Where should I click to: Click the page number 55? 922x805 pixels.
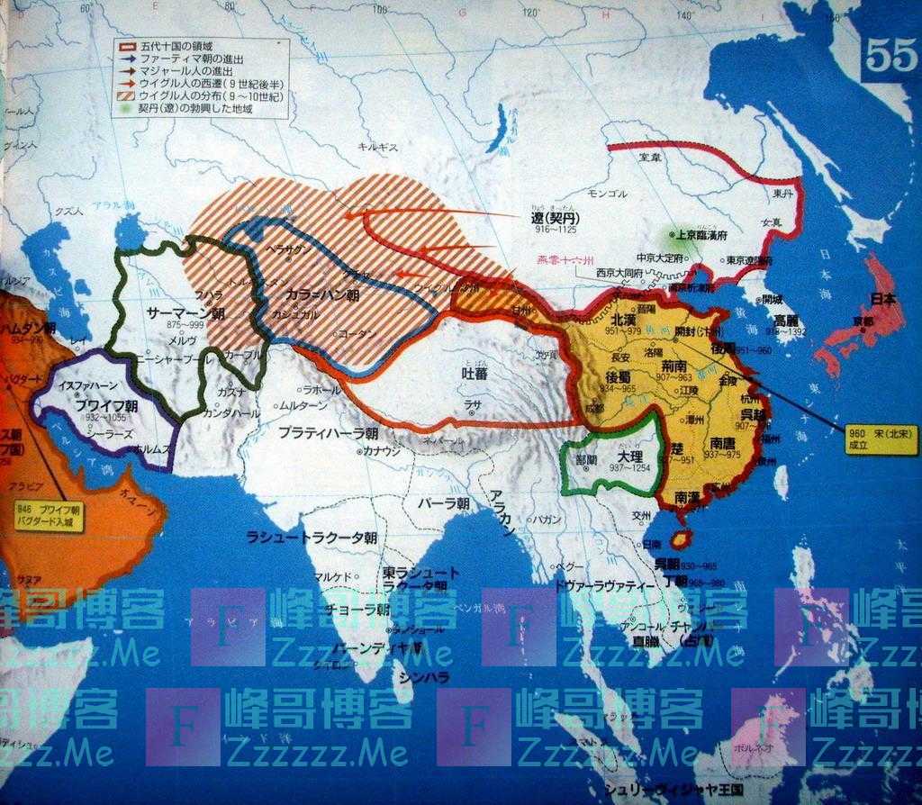click(x=890, y=57)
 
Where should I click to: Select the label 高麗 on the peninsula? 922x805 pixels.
click(x=786, y=321)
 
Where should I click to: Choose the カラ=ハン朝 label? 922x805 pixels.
click(x=322, y=294)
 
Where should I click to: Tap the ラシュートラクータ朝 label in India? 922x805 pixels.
click(x=312, y=538)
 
